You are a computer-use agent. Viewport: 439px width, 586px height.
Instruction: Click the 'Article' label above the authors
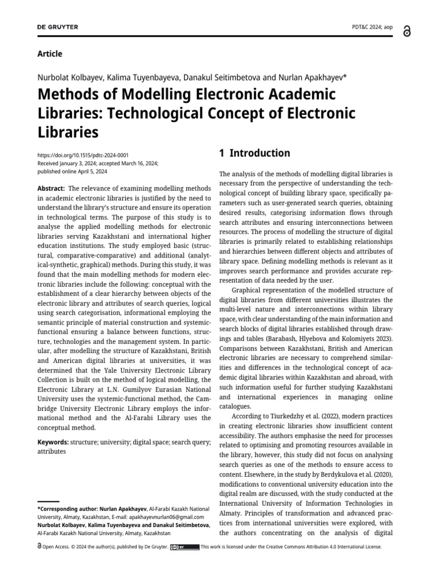click(x=50, y=54)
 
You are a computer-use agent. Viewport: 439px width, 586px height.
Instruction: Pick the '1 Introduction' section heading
click(x=254, y=153)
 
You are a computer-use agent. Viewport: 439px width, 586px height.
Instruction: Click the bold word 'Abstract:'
click(x=51, y=188)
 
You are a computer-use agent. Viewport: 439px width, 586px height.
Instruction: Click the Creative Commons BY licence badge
click(x=185, y=547)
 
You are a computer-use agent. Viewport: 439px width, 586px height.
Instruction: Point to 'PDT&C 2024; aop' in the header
click(x=372, y=27)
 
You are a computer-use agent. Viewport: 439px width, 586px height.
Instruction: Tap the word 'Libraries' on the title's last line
click(x=67, y=133)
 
